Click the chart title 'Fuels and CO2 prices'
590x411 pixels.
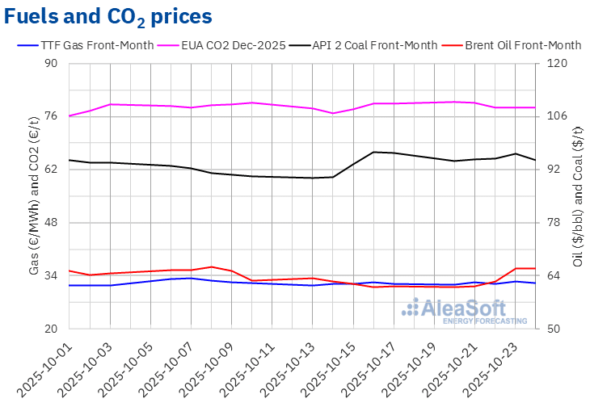(109, 16)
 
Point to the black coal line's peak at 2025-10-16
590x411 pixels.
(373, 152)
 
